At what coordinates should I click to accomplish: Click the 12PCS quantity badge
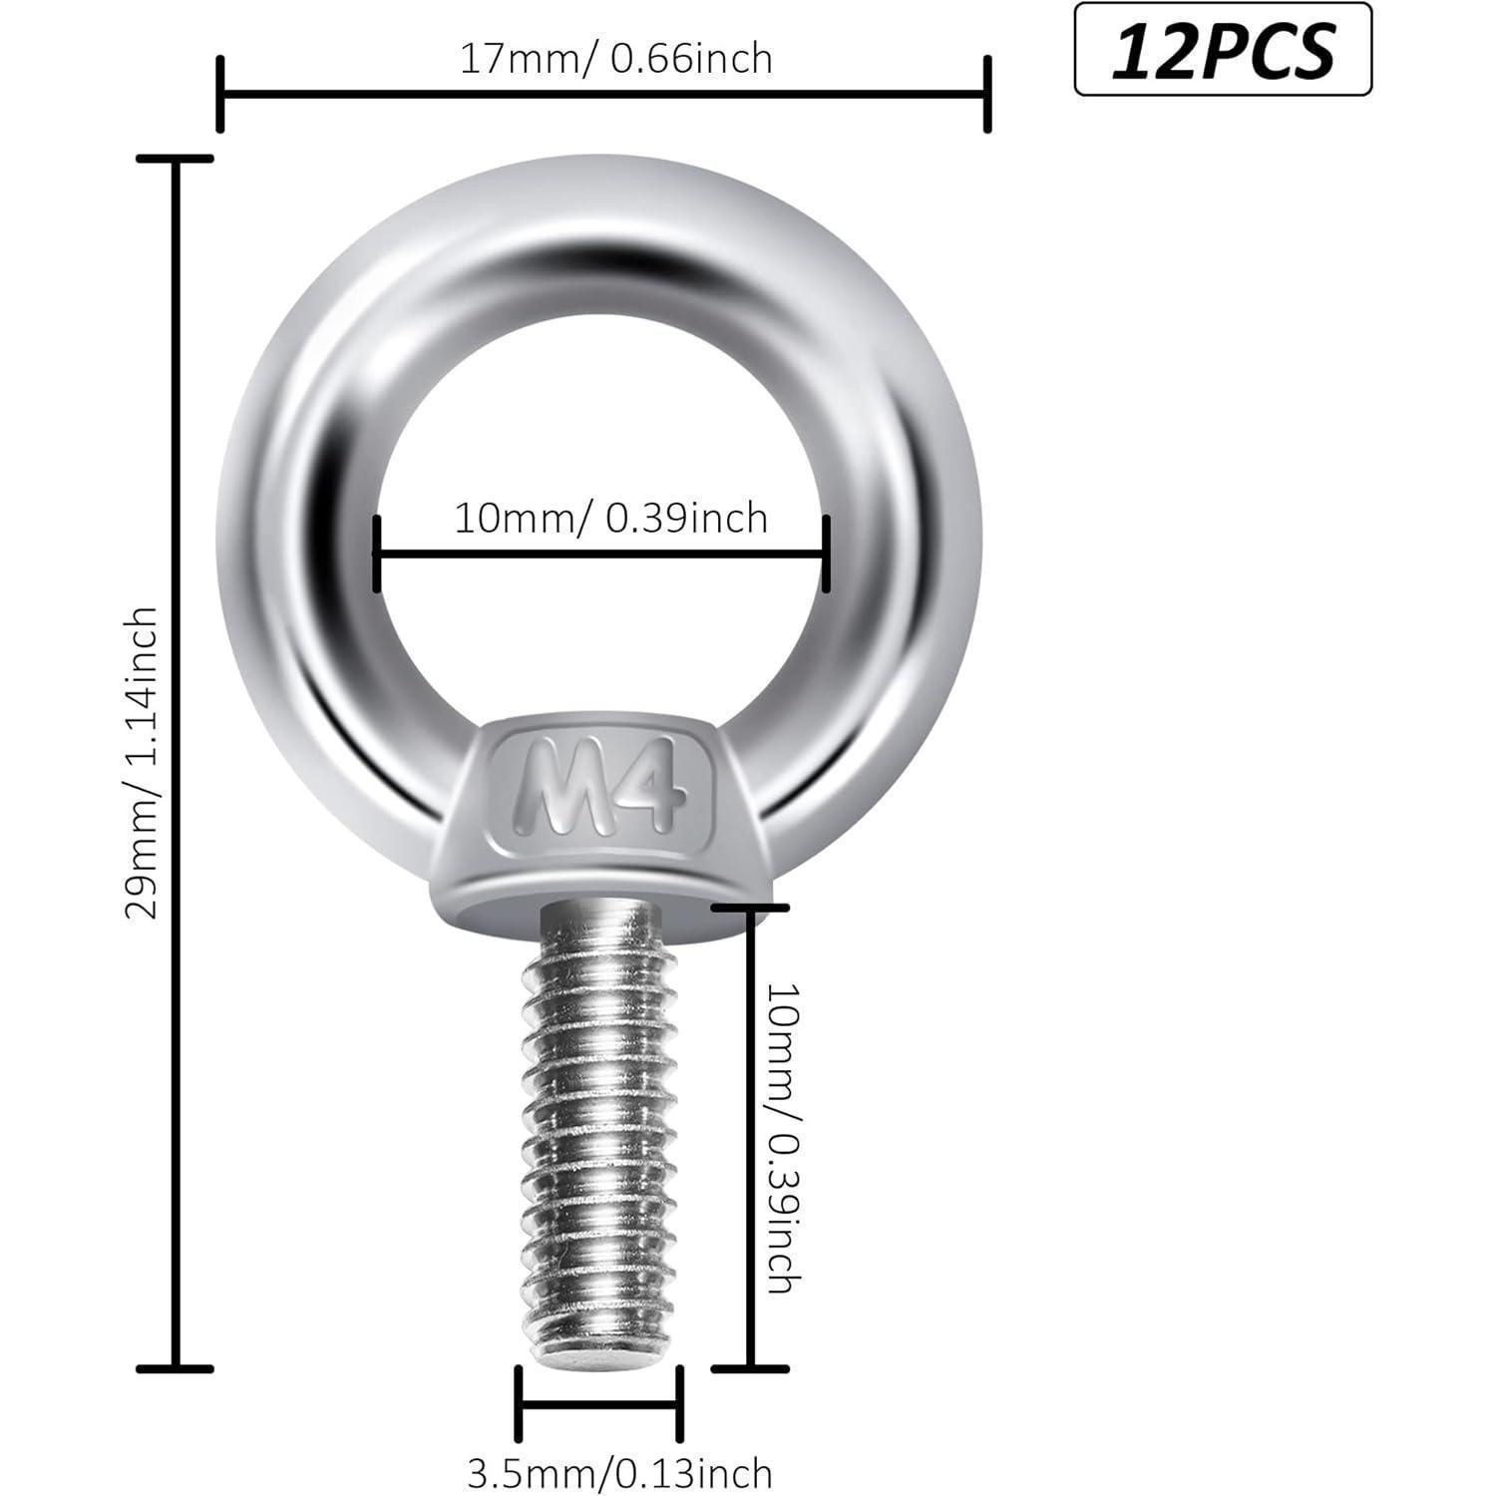(x=1223, y=50)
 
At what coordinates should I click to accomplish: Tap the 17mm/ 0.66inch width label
(x=615, y=59)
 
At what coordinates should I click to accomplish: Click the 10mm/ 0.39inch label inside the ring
(x=610, y=518)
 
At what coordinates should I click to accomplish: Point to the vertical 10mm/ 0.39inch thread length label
(x=783, y=1138)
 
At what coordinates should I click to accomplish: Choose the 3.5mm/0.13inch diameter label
(x=619, y=1472)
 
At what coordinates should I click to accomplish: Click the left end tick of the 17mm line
(x=219, y=95)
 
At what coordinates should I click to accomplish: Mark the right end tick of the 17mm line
(x=987, y=95)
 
